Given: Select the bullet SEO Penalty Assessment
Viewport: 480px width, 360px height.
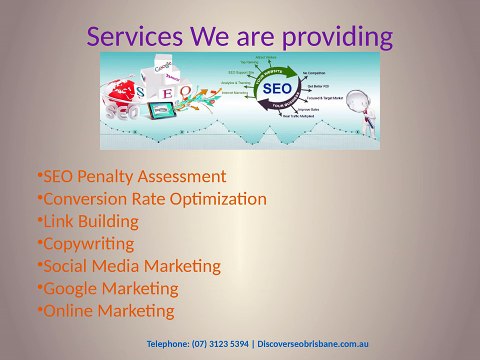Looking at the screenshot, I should coord(131,177).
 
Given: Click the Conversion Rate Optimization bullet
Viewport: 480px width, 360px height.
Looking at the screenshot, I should coord(151,199).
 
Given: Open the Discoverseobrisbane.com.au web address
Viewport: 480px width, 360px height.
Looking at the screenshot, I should coord(321,343).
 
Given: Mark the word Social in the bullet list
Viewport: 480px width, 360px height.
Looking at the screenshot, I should coord(65,266).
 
